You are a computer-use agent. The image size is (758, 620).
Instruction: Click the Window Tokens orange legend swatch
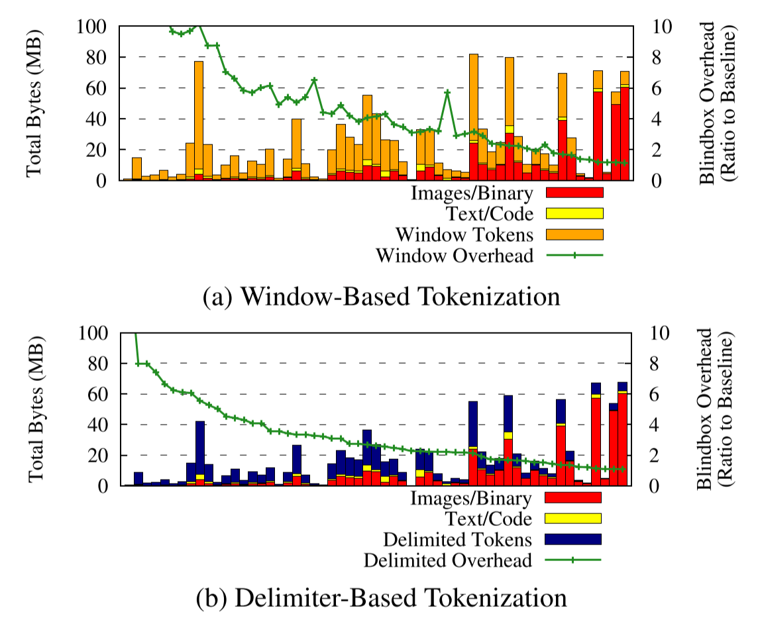[x=574, y=234]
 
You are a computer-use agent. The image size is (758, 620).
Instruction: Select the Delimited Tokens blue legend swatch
[x=572, y=539]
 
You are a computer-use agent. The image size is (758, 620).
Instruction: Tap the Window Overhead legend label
[x=455, y=255]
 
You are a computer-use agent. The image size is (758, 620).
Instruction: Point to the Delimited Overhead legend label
[x=448, y=560]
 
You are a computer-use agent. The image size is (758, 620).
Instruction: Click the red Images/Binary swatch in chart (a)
[x=574, y=193]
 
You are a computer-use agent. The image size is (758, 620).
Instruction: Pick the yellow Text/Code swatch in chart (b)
[x=572, y=518]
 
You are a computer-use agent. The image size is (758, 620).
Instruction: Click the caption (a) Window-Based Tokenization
[x=381, y=296]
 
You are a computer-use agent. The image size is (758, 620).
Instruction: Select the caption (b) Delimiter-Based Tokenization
[x=382, y=600]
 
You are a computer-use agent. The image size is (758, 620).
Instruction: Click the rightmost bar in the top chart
[x=625, y=126]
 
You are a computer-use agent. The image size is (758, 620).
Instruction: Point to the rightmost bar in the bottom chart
[x=623, y=434]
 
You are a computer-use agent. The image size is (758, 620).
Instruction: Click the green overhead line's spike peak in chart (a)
[x=447, y=92]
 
